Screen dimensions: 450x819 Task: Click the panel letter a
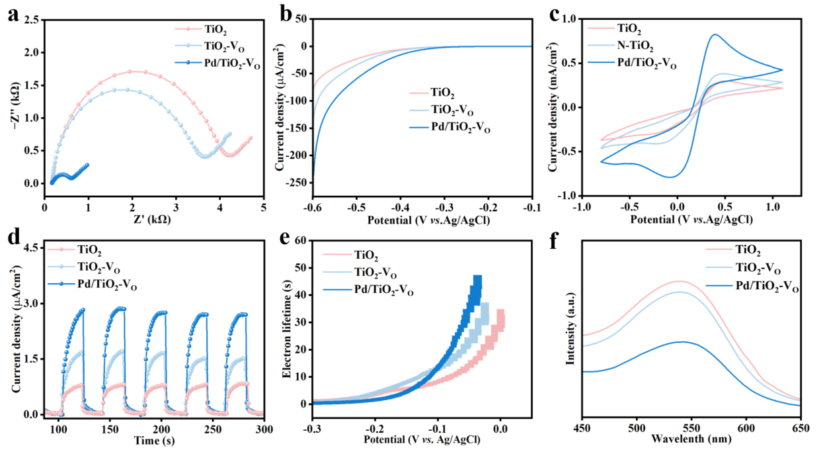point(13,16)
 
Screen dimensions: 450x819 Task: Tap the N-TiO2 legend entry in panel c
point(635,46)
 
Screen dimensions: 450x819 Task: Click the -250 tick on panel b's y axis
point(292,182)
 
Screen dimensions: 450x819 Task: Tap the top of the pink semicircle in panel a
point(132,71)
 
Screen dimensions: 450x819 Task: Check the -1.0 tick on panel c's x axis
point(580,206)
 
